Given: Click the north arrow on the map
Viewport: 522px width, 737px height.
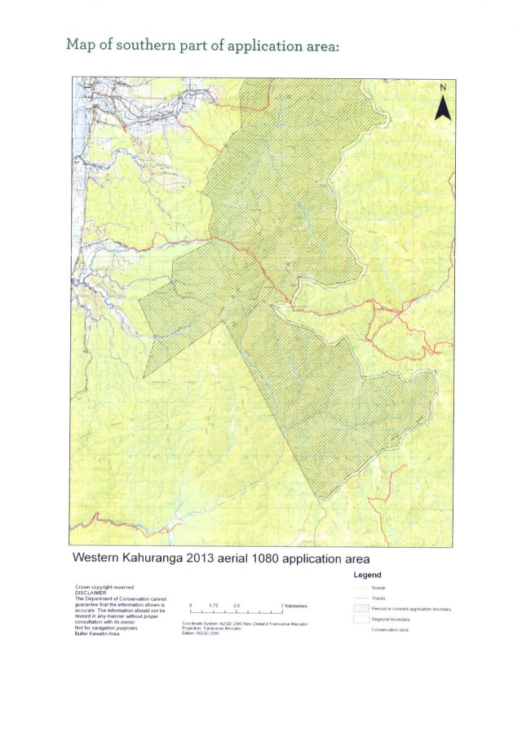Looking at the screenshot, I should point(443,106).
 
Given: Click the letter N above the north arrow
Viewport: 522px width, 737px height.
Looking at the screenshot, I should point(443,87).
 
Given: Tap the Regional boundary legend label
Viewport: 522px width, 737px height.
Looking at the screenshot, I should point(390,620).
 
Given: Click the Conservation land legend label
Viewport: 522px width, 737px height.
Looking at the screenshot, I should point(389,630).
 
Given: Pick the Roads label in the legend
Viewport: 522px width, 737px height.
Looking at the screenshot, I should point(378,587).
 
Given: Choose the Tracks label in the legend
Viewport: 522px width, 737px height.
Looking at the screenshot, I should point(378,598).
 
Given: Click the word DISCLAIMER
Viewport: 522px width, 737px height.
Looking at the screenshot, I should point(89,594).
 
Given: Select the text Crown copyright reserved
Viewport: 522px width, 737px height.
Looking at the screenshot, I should point(104,587).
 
